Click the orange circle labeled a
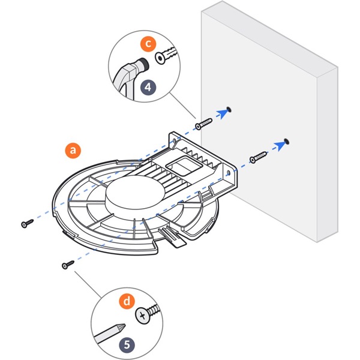[x=73, y=150]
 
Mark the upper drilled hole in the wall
[x=229, y=110]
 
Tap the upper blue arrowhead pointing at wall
[x=224, y=112]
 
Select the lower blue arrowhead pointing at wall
[x=279, y=144]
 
